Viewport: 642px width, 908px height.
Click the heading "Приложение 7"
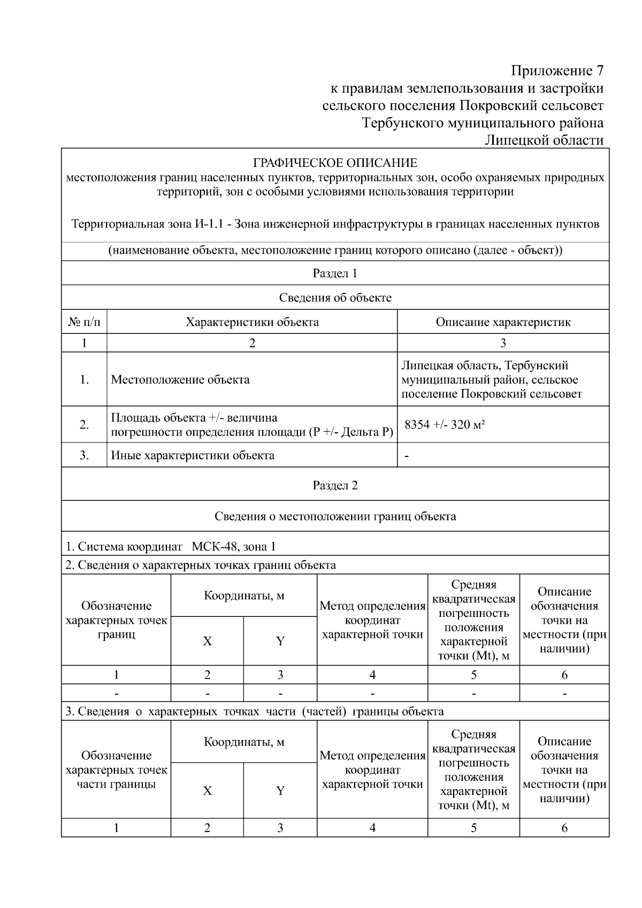point(557,71)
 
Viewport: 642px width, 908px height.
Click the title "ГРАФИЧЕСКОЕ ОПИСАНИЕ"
point(335,163)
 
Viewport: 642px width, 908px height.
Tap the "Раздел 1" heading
point(335,273)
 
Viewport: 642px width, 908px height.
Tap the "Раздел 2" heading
point(335,485)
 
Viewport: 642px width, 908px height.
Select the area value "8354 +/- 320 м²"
point(445,425)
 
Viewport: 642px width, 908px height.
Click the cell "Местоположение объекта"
point(180,380)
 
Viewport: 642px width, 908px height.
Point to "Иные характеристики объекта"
point(193,455)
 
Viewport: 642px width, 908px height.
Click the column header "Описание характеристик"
point(503,322)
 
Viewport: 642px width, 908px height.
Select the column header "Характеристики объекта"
point(252,322)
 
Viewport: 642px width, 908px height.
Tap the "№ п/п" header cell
point(84,322)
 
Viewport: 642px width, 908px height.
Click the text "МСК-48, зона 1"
point(234,546)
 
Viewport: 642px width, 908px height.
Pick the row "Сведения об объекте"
point(335,297)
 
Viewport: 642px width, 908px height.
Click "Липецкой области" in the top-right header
point(544,140)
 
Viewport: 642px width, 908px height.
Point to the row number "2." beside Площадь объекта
point(84,425)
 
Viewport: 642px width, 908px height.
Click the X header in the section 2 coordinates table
point(207,641)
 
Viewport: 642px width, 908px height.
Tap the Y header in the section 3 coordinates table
point(280,791)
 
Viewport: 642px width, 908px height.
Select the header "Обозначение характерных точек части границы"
point(116,770)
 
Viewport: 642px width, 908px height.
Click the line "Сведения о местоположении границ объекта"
point(335,516)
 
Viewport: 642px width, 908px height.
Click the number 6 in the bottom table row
point(564,828)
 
